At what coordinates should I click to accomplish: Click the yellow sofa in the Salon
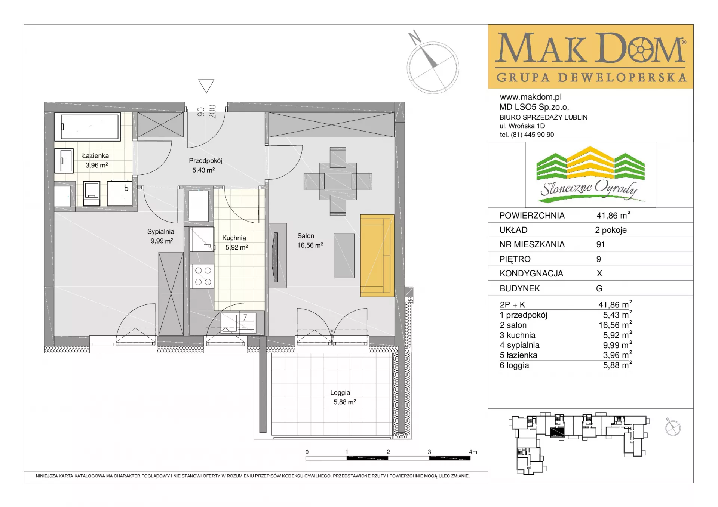pyautogui.click(x=377, y=256)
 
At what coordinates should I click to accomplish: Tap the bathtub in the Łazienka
pyautogui.click(x=88, y=127)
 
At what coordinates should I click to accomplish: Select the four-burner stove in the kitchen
pyautogui.click(x=202, y=276)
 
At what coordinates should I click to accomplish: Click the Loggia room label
pyautogui.click(x=340, y=392)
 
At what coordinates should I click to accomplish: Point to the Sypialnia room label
pyautogui.click(x=160, y=232)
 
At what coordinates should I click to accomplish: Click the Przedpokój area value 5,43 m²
pyautogui.click(x=203, y=170)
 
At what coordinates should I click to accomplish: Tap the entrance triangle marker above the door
pyautogui.click(x=206, y=86)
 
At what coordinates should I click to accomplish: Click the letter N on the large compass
pyautogui.click(x=415, y=38)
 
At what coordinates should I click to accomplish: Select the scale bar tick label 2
pyautogui.click(x=388, y=452)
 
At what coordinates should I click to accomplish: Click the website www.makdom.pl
pyautogui.click(x=531, y=97)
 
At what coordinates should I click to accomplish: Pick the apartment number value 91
pyautogui.click(x=601, y=244)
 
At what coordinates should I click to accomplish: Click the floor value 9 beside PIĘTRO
pyautogui.click(x=599, y=259)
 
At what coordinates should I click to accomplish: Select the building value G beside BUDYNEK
pyautogui.click(x=599, y=288)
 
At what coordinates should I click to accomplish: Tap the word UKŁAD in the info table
pyautogui.click(x=513, y=230)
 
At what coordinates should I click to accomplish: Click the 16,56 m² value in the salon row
pyautogui.click(x=615, y=325)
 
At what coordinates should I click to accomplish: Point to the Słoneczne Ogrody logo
pyautogui.click(x=590, y=175)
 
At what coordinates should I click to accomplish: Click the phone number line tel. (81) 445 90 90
pyautogui.click(x=527, y=135)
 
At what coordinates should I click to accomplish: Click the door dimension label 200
pyautogui.click(x=212, y=112)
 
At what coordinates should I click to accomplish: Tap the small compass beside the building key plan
pyautogui.click(x=673, y=427)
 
